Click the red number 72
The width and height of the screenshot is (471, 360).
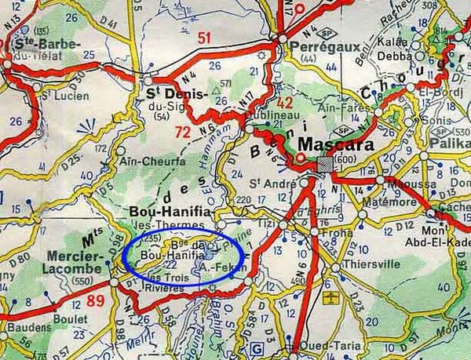point(182,132)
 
